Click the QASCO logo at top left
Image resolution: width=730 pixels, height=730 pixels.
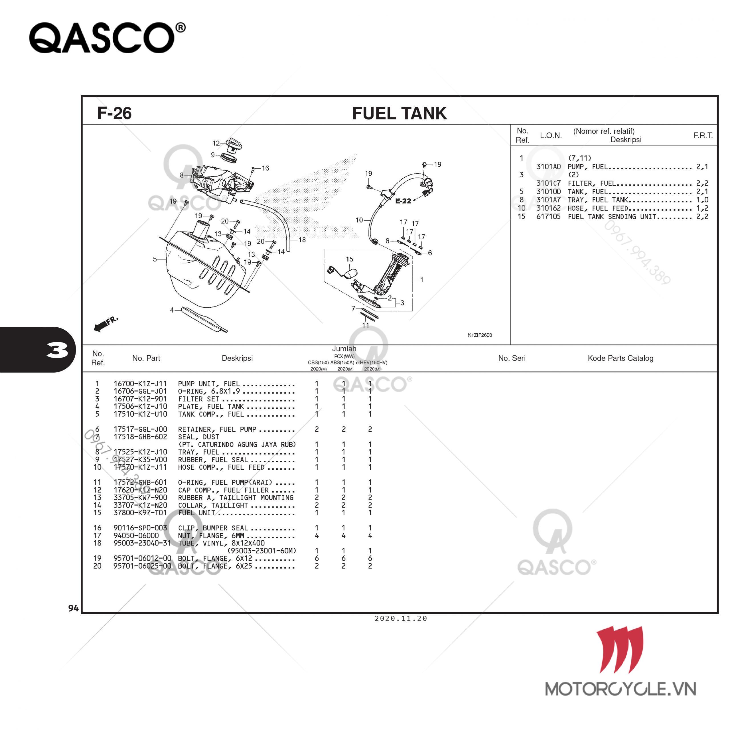pyautogui.click(x=107, y=38)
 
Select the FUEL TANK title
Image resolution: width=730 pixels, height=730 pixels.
pyautogui.click(x=400, y=113)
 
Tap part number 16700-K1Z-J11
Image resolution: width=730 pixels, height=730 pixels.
pyautogui.click(x=140, y=384)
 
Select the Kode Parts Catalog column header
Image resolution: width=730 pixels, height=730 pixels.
pyautogui.click(x=620, y=358)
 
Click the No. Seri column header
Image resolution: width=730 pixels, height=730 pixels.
pyautogui.click(x=512, y=358)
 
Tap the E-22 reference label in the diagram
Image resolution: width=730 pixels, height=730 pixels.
pyautogui.click(x=403, y=201)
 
